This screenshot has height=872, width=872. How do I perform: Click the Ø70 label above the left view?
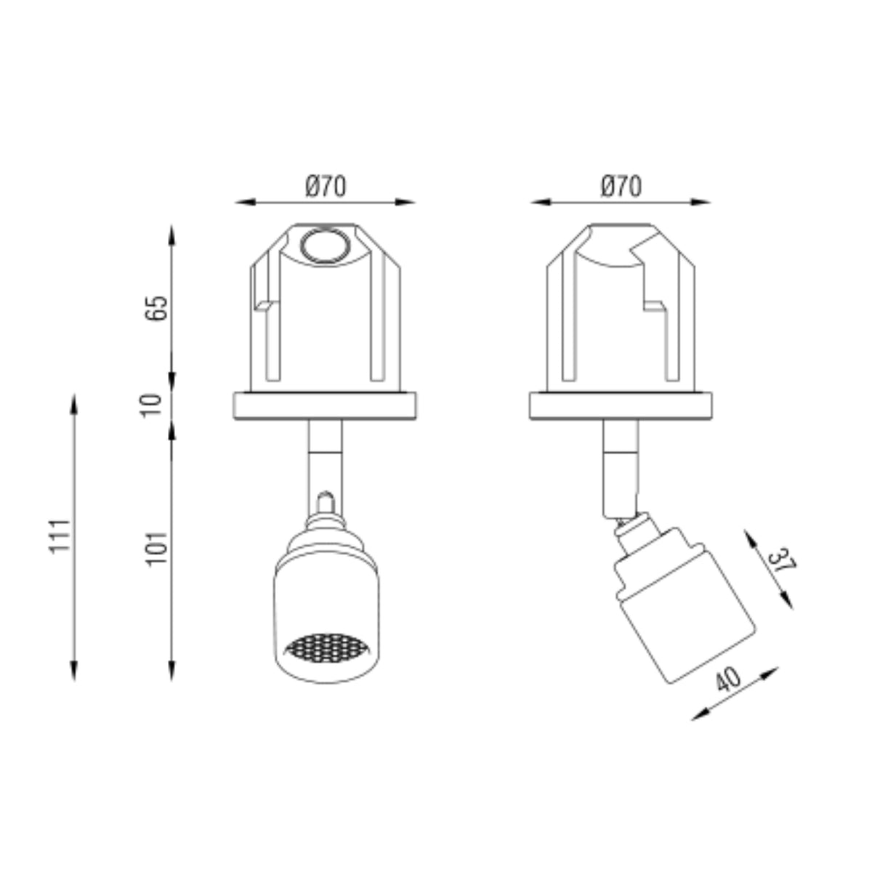tap(326, 187)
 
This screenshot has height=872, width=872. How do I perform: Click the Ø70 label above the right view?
tap(621, 187)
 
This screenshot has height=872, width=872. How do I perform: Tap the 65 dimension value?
tap(156, 308)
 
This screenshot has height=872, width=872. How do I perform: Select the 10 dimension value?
tap(153, 406)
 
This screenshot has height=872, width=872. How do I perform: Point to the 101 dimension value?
tap(156, 549)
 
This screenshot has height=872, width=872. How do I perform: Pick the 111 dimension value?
tap(60, 536)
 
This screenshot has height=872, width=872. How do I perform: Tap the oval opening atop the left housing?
tap(326, 246)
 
